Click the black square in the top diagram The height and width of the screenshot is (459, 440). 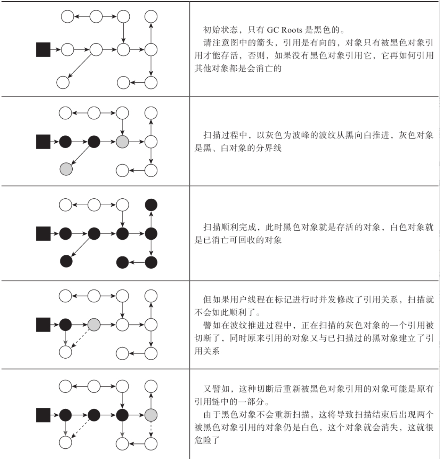coord(43,49)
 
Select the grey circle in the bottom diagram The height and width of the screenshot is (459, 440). coord(151,415)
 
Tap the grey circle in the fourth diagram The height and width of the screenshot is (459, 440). coord(94,325)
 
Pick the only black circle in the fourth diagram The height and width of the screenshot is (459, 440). coord(65,325)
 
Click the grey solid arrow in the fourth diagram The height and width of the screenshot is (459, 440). coord(65,338)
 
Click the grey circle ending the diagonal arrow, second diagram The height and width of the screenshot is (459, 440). coord(66,169)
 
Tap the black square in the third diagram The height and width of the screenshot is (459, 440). coord(43,233)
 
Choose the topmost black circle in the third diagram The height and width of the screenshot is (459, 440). coord(151,205)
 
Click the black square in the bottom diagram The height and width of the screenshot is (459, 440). coord(43,415)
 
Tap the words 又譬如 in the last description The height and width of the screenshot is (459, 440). coord(216,389)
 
